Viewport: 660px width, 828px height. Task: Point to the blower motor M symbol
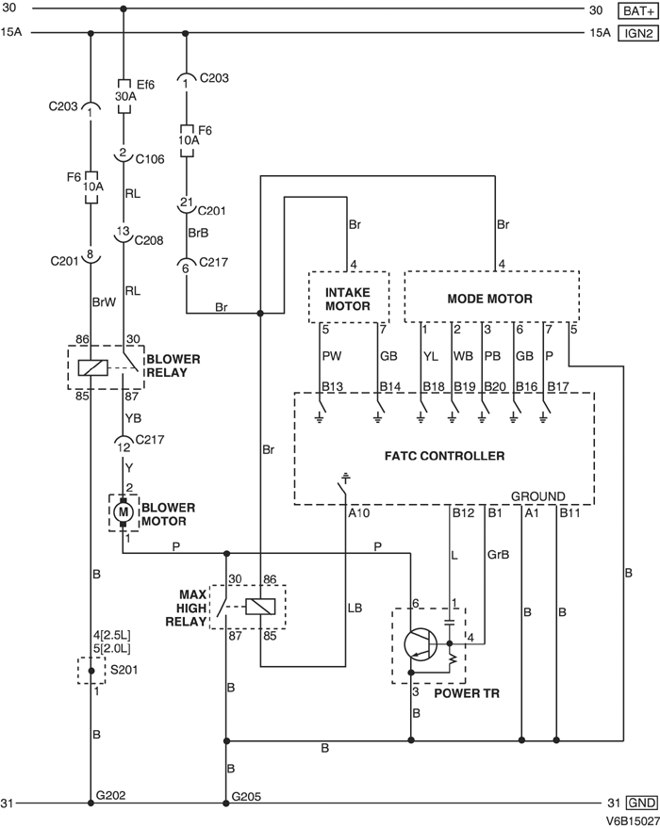click(123, 511)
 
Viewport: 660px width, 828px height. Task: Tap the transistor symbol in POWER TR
click(420, 645)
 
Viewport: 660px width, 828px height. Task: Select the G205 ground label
click(247, 795)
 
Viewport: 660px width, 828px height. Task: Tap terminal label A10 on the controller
click(359, 512)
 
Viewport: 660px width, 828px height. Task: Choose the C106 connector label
click(150, 159)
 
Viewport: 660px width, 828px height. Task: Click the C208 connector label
click(150, 240)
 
